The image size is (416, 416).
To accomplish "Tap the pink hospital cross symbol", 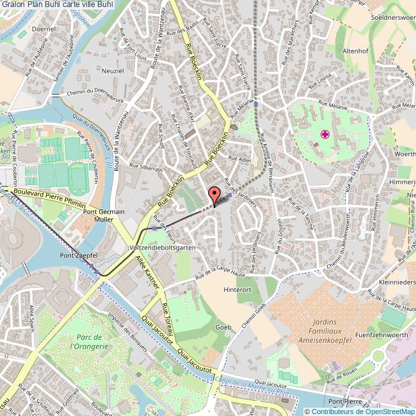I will pyautogui.click(x=326, y=134).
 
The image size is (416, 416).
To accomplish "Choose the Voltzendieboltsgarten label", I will pyautogui.click(x=161, y=246).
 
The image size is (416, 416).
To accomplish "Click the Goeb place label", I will pyautogui.click(x=223, y=327).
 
